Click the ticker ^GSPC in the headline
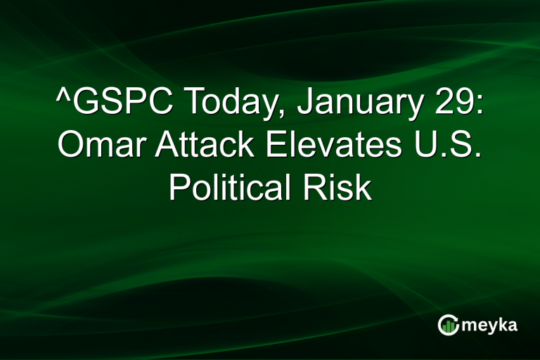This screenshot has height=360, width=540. [115, 104]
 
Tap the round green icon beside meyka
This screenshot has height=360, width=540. [448, 325]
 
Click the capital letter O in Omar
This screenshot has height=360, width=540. [70, 146]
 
